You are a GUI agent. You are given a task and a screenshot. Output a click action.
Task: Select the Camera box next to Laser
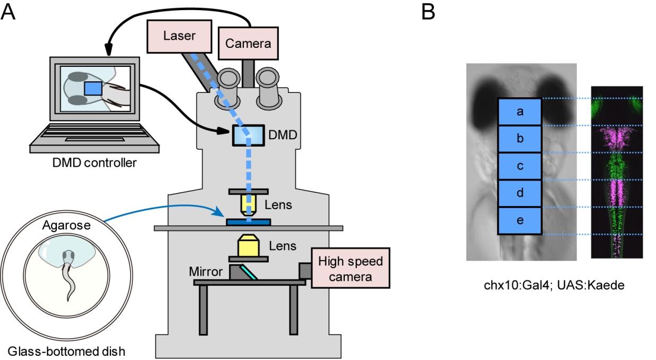(248, 43)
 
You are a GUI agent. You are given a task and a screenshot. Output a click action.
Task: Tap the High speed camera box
(350, 268)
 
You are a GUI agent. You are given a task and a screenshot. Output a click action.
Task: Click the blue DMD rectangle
(248, 136)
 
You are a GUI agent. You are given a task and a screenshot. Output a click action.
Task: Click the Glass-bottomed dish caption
(66, 351)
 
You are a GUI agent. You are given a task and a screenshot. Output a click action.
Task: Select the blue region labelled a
(519, 112)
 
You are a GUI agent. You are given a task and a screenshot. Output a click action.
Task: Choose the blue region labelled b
(519, 139)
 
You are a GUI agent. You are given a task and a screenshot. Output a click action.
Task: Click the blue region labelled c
(519, 166)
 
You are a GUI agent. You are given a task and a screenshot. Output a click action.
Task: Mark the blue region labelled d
(519, 193)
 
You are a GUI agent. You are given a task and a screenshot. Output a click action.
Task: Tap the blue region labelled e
(519, 220)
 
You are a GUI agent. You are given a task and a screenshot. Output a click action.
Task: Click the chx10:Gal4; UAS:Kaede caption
(553, 286)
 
